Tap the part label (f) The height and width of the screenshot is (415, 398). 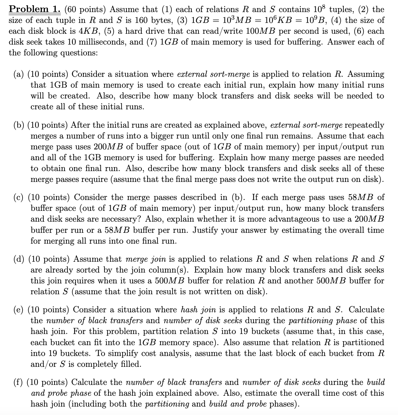(x=19, y=382)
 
